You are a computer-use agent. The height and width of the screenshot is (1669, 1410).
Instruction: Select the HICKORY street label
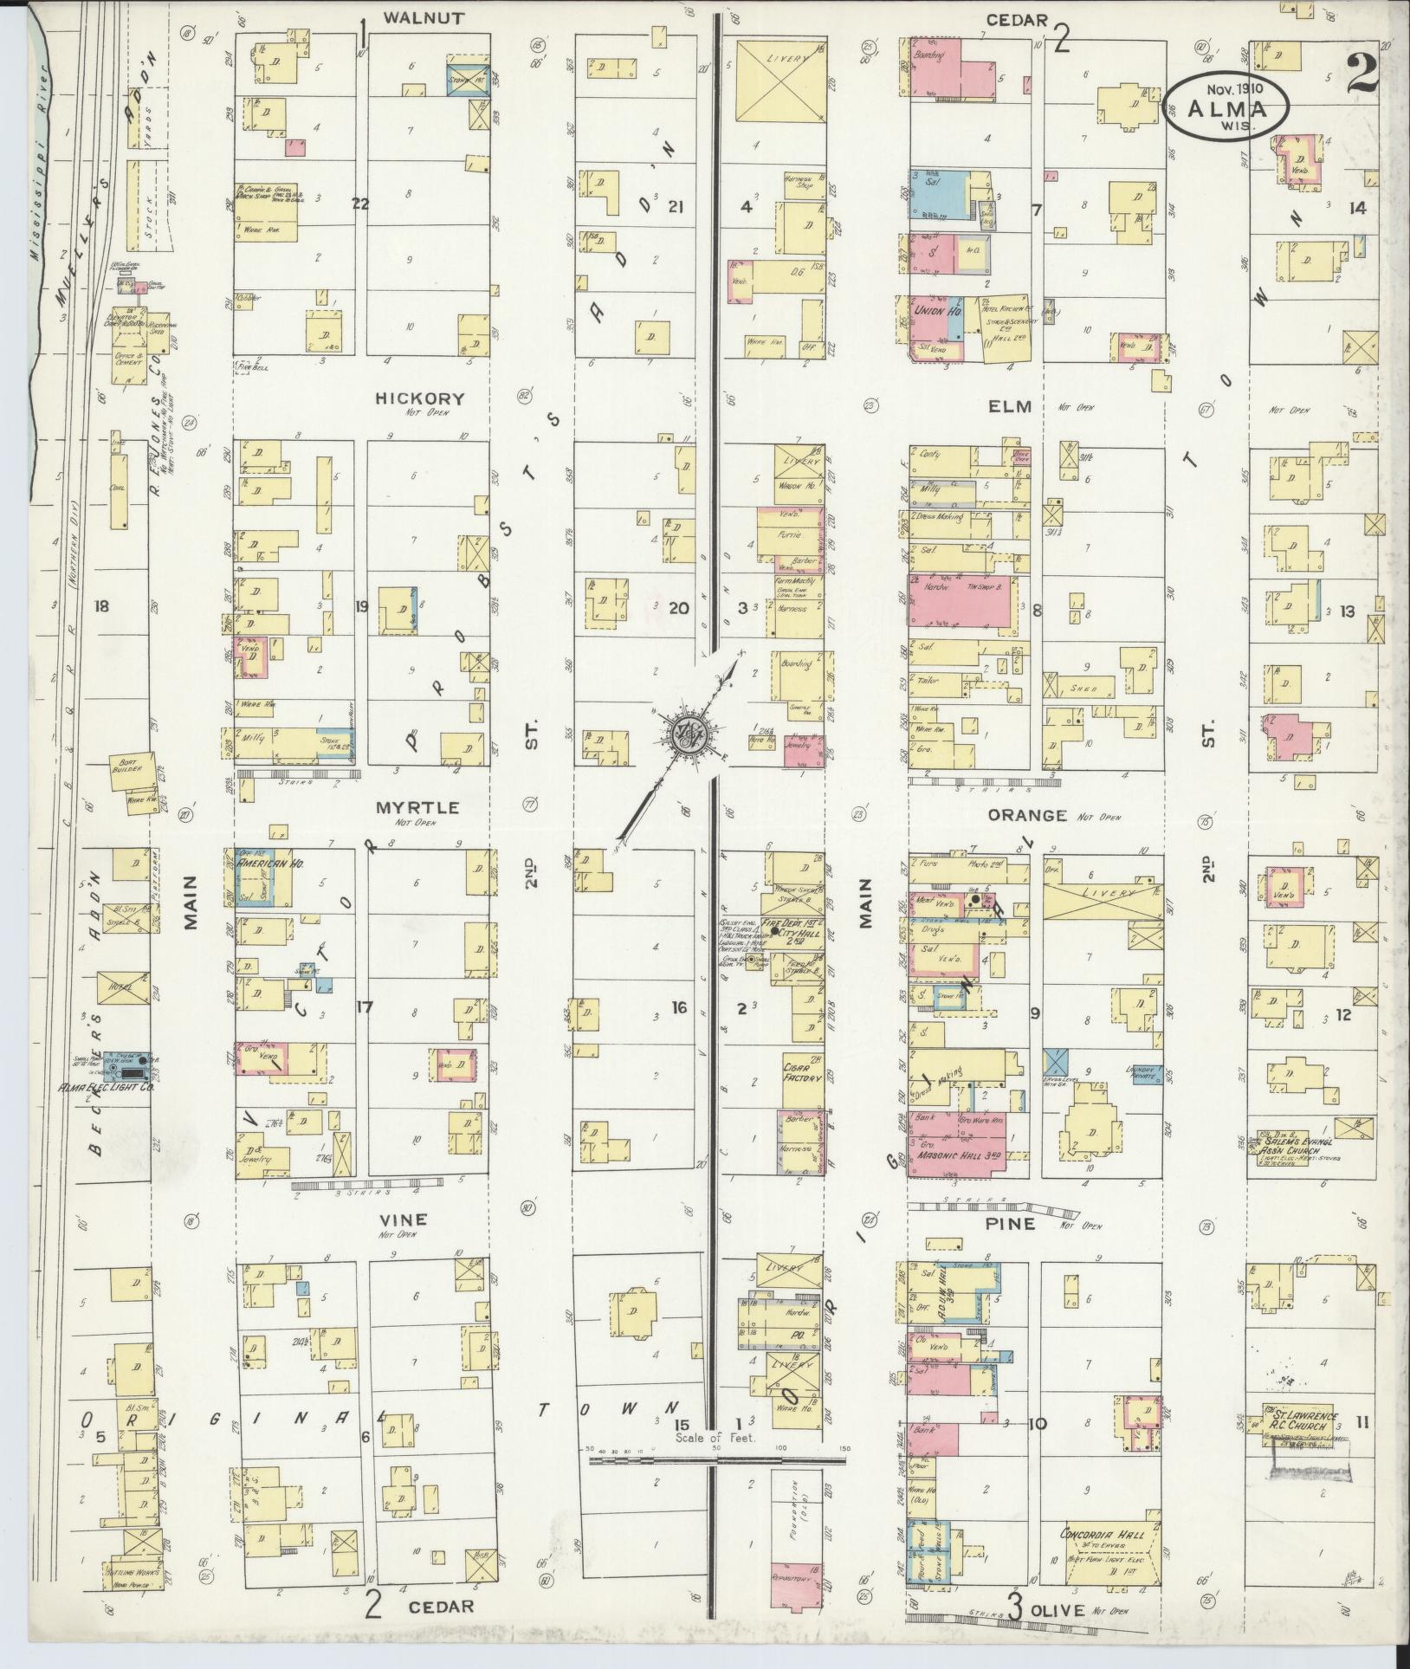420,398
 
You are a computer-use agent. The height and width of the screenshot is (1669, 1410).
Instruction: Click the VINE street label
404,1219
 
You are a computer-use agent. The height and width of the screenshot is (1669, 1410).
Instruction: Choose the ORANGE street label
1038,815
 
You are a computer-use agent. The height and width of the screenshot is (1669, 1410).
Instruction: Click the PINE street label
1011,1224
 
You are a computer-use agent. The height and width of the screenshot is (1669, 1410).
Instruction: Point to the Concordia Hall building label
1103,1534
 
